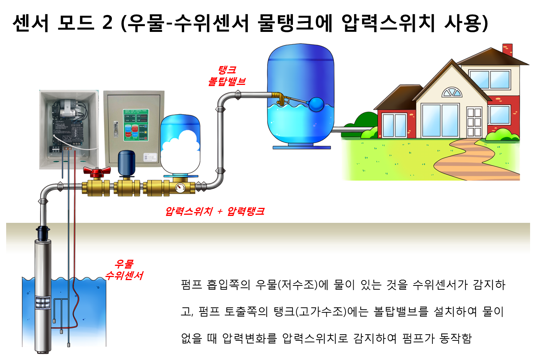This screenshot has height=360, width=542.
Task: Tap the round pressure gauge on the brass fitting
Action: pos(180,188)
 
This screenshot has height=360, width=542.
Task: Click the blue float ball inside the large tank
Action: pos(317,104)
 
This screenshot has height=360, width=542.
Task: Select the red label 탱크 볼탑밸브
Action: pos(227,76)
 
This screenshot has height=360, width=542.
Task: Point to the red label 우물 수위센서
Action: pos(124,270)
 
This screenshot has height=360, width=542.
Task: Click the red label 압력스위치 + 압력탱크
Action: pos(214,211)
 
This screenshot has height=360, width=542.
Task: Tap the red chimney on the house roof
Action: pos(507,50)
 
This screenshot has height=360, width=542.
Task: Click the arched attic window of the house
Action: pos(451,92)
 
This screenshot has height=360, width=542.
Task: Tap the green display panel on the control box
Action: pos(135,125)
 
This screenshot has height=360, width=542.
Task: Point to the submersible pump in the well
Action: pos(43,292)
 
